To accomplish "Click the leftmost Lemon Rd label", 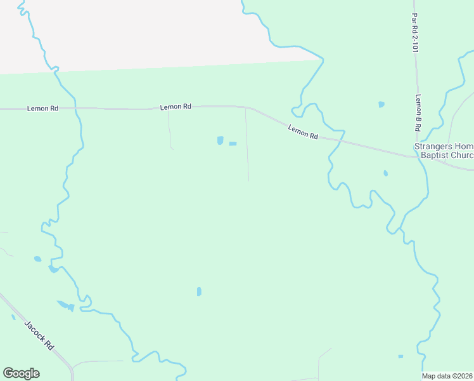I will (43, 109).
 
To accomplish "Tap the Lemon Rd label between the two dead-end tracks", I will (176, 107).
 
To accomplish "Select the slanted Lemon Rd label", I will (302, 131).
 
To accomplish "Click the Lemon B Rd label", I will (418, 113).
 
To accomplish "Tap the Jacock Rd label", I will (39, 334).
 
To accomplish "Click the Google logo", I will (21, 373).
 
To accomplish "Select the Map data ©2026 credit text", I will (447, 376).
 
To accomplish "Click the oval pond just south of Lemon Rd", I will (220, 140).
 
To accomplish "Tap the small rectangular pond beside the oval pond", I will (233, 144).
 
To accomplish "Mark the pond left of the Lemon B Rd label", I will (381, 104).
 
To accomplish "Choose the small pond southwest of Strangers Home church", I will (385, 173).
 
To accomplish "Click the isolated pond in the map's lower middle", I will (199, 291).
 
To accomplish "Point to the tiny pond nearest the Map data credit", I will (400, 356).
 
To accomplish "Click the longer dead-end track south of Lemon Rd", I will (247, 146).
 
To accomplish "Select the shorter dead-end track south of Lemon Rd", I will (169, 129).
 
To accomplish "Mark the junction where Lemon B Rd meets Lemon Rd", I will (418, 157).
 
